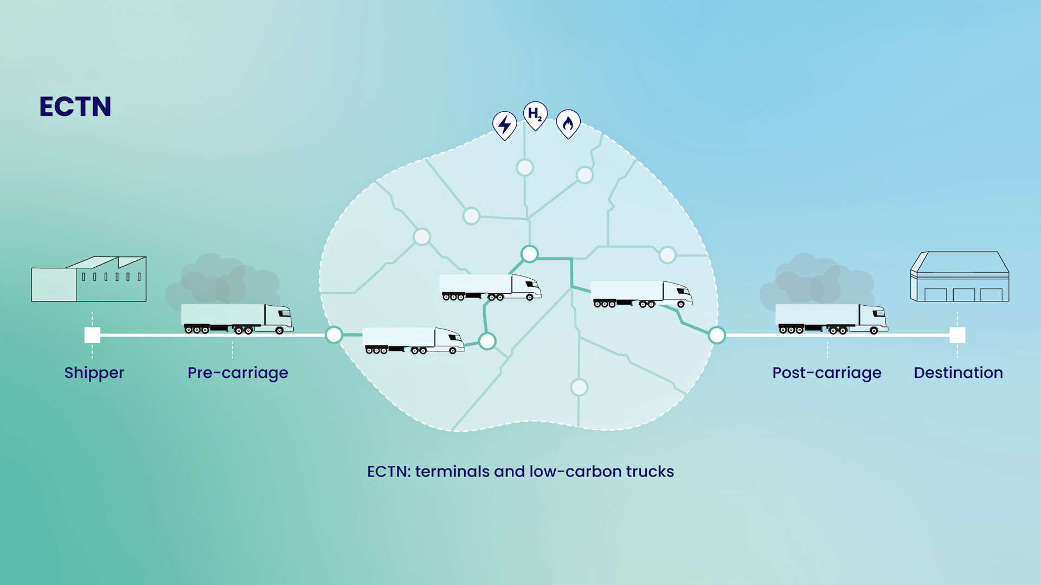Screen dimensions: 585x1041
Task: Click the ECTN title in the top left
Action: click(75, 107)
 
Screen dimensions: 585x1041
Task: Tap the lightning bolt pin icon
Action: click(504, 125)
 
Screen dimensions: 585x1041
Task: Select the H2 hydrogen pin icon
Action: click(535, 114)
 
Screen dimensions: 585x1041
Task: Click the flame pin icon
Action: click(568, 124)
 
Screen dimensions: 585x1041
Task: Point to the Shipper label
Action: click(94, 373)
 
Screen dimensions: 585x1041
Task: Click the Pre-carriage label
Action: click(237, 373)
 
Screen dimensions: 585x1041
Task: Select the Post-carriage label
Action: click(826, 373)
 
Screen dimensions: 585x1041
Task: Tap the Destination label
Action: click(958, 373)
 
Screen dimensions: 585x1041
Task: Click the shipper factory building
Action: click(89, 280)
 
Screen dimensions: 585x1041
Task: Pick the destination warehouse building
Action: click(959, 277)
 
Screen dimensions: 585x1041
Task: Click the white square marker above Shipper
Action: click(92, 335)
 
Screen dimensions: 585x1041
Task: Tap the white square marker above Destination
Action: click(958, 335)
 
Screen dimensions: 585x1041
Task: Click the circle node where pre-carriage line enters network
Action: click(334, 335)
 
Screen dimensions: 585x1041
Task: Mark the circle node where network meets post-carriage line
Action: click(717, 336)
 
